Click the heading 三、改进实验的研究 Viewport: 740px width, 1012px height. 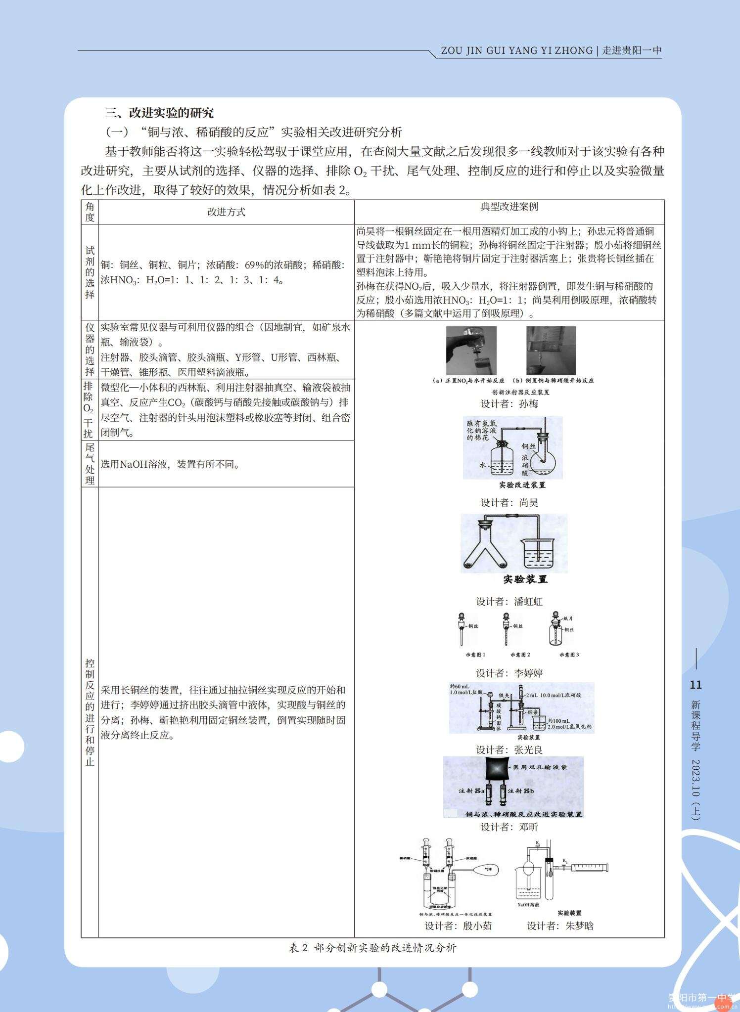(x=159, y=113)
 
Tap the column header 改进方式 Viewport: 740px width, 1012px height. (x=226, y=212)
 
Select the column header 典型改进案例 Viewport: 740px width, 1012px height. (x=509, y=207)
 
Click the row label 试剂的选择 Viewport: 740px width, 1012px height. (x=90, y=272)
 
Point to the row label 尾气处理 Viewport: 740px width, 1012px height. (x=90, y=464)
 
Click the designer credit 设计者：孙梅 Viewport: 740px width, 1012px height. (x=509, y=403)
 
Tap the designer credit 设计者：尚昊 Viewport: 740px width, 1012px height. (x=509, y=503)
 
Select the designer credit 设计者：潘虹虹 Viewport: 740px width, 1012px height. (x=509, y=602)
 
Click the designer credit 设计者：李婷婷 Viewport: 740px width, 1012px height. (x=509, y=673)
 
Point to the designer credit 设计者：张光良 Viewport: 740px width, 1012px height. (x=509, y=749)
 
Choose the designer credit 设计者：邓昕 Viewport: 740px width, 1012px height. (x=509, y=827)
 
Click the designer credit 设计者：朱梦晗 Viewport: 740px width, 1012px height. (x=560, y=926)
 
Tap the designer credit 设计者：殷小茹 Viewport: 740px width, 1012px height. (x=458, y=926)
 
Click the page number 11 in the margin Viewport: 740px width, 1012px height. (x=695, y=685)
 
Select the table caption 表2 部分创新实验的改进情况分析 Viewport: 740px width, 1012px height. (x=372, y=948)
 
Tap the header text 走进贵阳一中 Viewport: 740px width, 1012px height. (x=632, y=50)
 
